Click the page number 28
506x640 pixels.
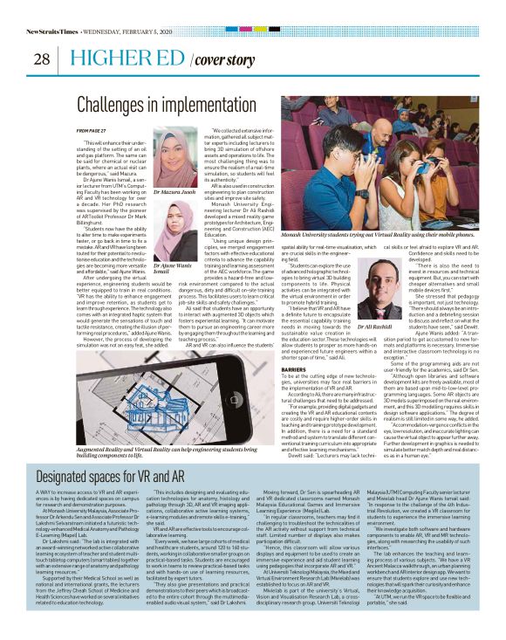(x=41, y=59)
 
